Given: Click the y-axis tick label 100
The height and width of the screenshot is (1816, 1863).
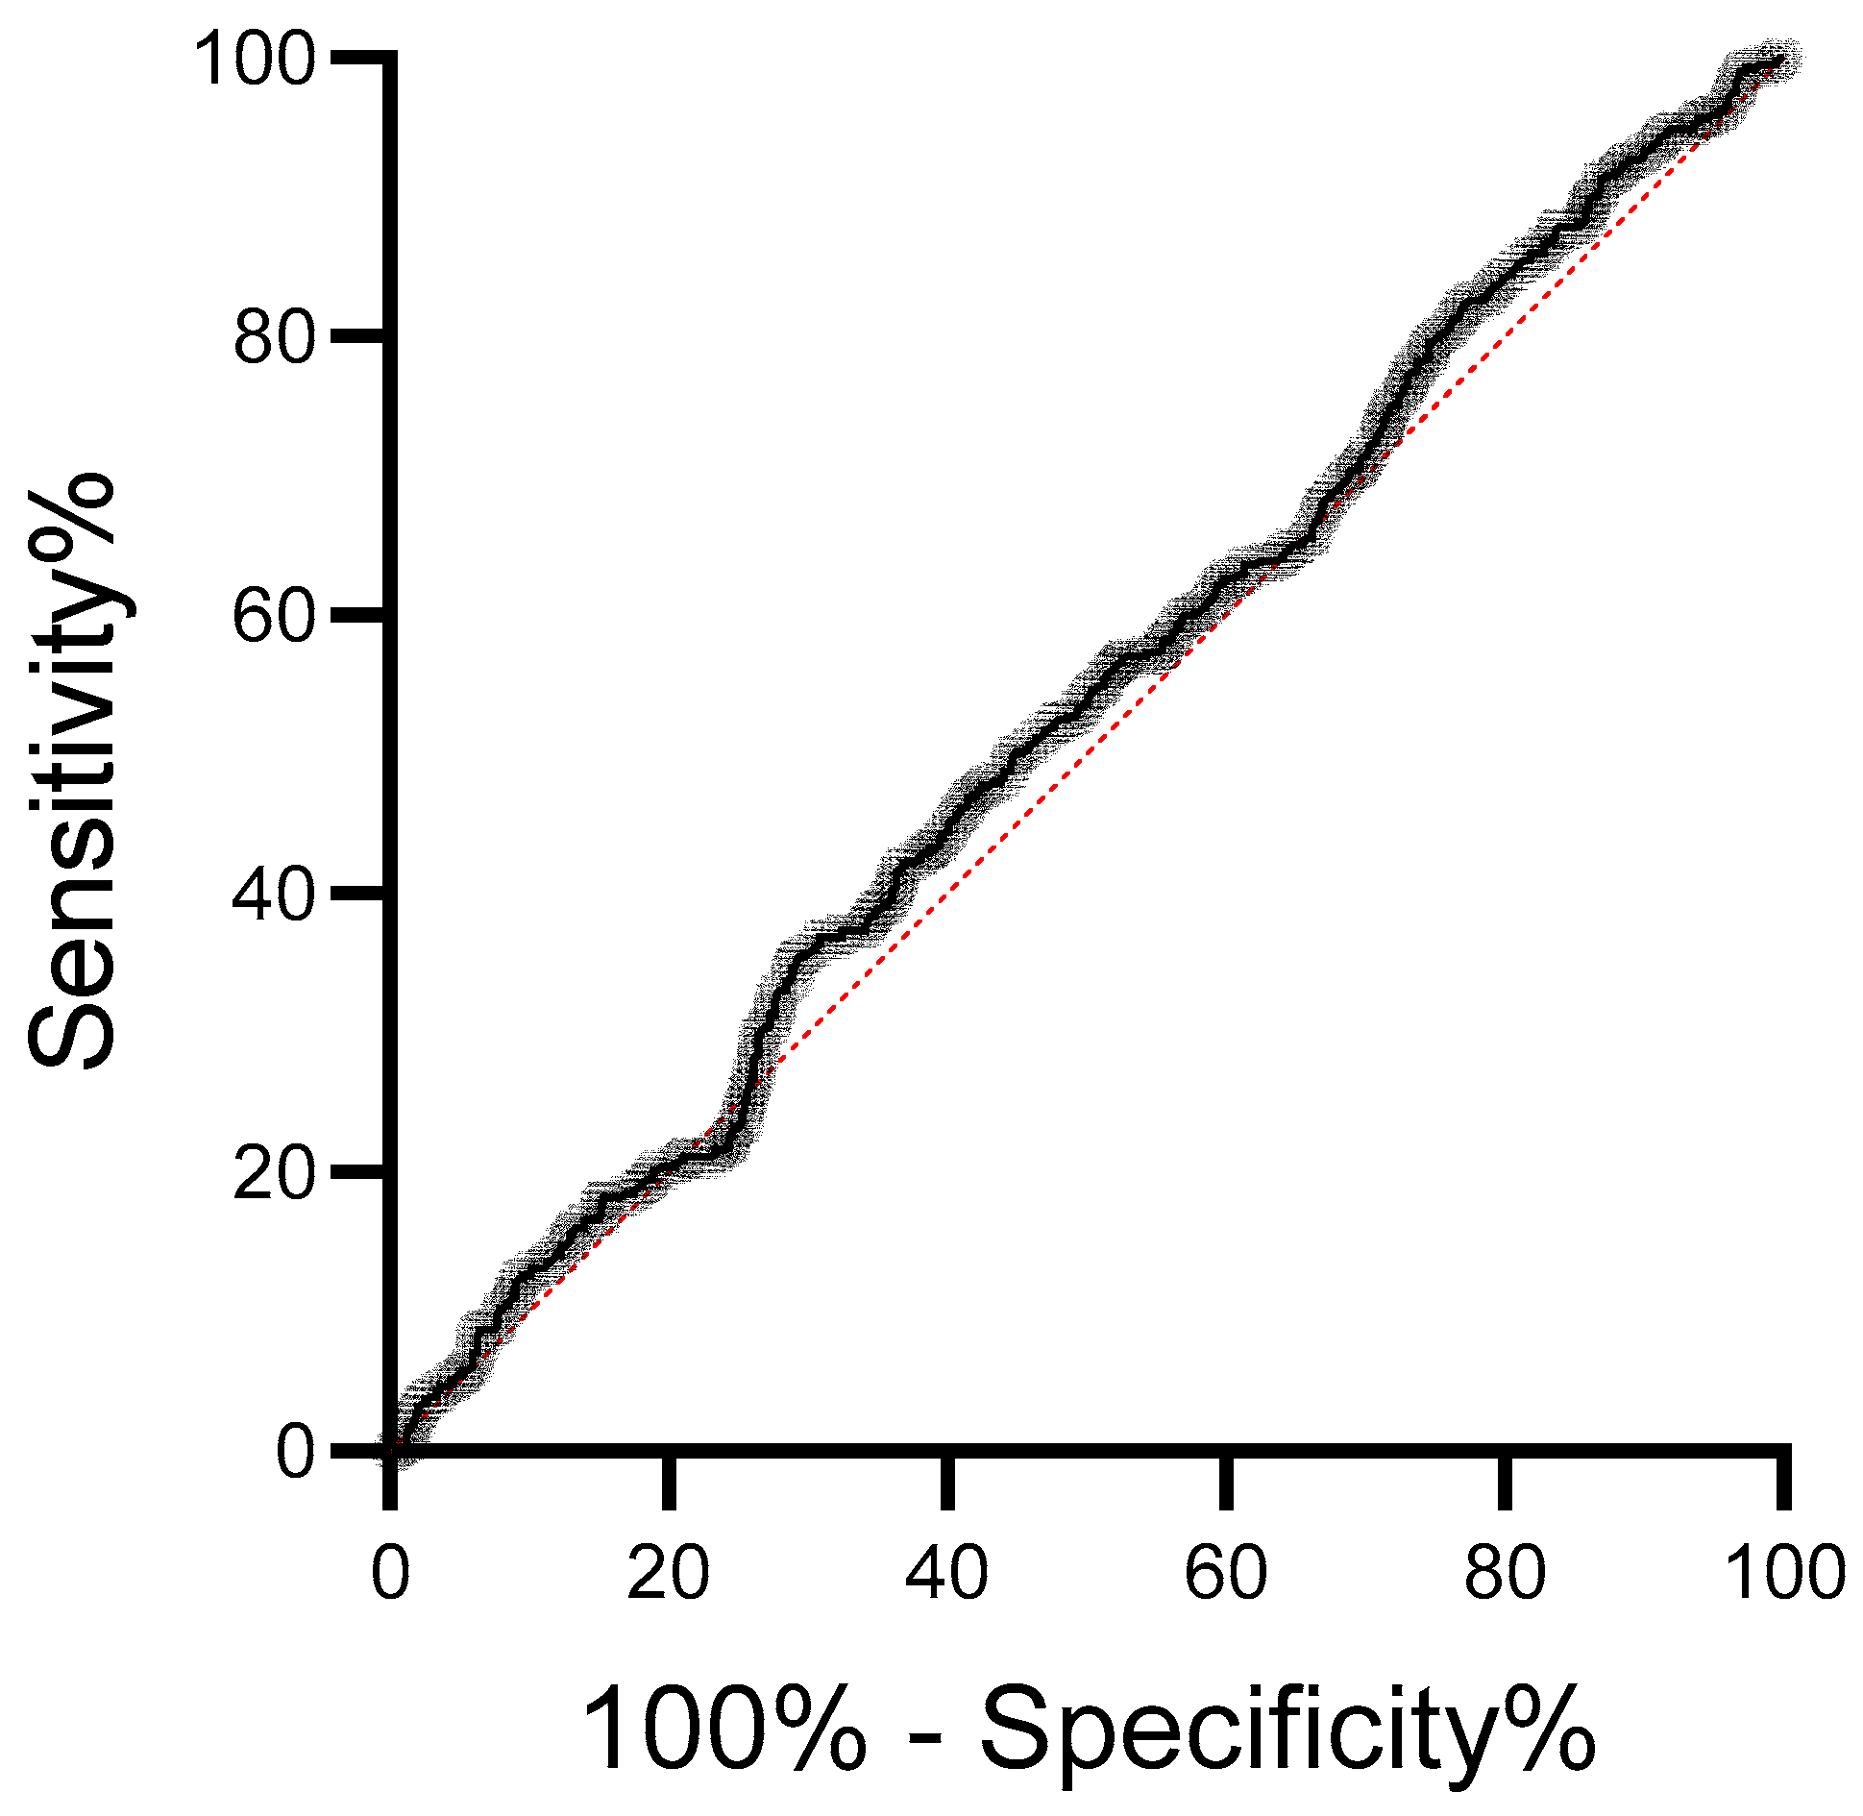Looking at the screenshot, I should tap(255, 60).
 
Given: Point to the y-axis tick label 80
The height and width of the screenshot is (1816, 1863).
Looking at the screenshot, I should tap(275, 337).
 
